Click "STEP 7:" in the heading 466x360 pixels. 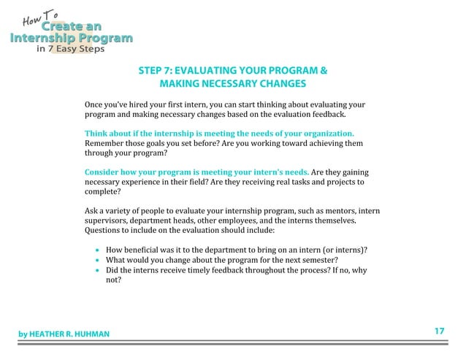[156, 72]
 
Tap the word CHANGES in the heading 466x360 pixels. [275, 85]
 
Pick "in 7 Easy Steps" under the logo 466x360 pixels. [70, 50]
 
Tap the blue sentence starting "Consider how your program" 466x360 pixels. [197, 172]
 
